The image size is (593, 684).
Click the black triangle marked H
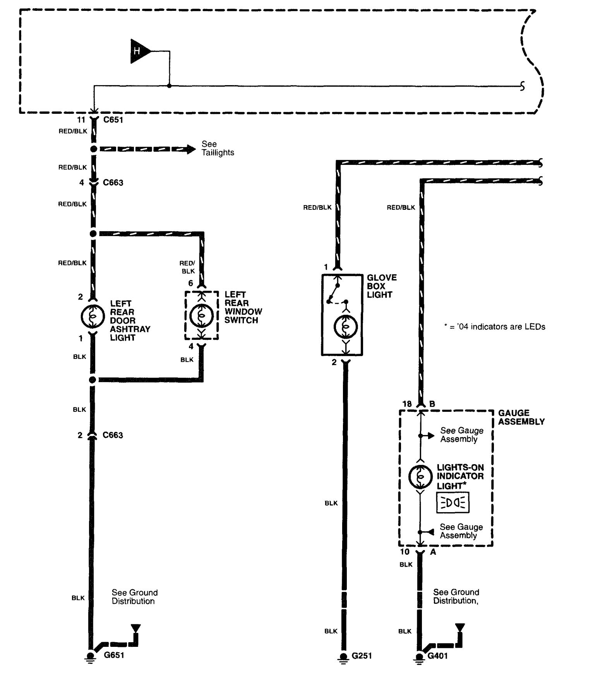pos(139,51)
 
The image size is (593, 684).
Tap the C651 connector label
pos(113,120)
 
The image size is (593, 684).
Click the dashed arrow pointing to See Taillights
pos(147,149)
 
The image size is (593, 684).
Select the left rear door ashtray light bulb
pos(92,316)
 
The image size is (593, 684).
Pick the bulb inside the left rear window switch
pos(201,315)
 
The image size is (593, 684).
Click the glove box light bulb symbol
pos(345,326)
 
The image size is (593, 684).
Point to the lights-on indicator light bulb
pos(420,477)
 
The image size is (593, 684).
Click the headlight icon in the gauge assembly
pos(452,502)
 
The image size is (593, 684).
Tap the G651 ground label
pos(114,655)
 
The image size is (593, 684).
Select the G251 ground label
pos(362,656)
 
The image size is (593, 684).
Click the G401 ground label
pos(437,656)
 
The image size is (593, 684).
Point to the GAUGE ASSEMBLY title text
pos(521,417)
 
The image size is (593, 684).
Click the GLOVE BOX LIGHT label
pos(382,286)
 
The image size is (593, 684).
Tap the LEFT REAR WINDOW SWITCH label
pos(243,307)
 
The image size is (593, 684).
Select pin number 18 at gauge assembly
pos(406,404)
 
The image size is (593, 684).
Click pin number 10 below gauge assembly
pos(404,552)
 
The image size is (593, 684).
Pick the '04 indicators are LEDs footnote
pos(494,327)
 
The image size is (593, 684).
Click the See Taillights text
pos(218,148)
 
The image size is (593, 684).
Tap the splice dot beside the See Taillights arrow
pos(93,149)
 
